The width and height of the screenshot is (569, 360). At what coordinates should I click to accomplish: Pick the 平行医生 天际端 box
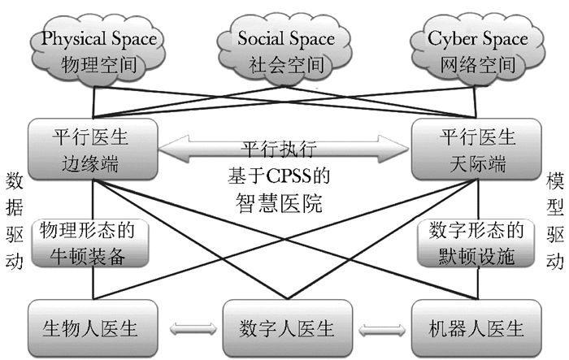click(x=476, y=148)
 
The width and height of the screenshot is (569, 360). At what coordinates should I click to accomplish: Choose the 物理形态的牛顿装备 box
click(x=93, y=242)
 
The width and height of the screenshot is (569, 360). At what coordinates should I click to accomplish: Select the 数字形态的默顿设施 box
click(x=476, y=242)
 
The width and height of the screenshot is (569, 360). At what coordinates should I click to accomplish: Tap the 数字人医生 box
click(x=284, y=330)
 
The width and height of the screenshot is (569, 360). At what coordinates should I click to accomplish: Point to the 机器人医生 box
click(x=476, y=330)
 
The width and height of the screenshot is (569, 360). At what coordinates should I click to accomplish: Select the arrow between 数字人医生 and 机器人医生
click(x=380, y=331)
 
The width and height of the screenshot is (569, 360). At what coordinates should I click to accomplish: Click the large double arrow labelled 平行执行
click(x=284, y=150)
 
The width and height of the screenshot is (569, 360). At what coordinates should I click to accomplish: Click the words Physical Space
click(x=99, y=37)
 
